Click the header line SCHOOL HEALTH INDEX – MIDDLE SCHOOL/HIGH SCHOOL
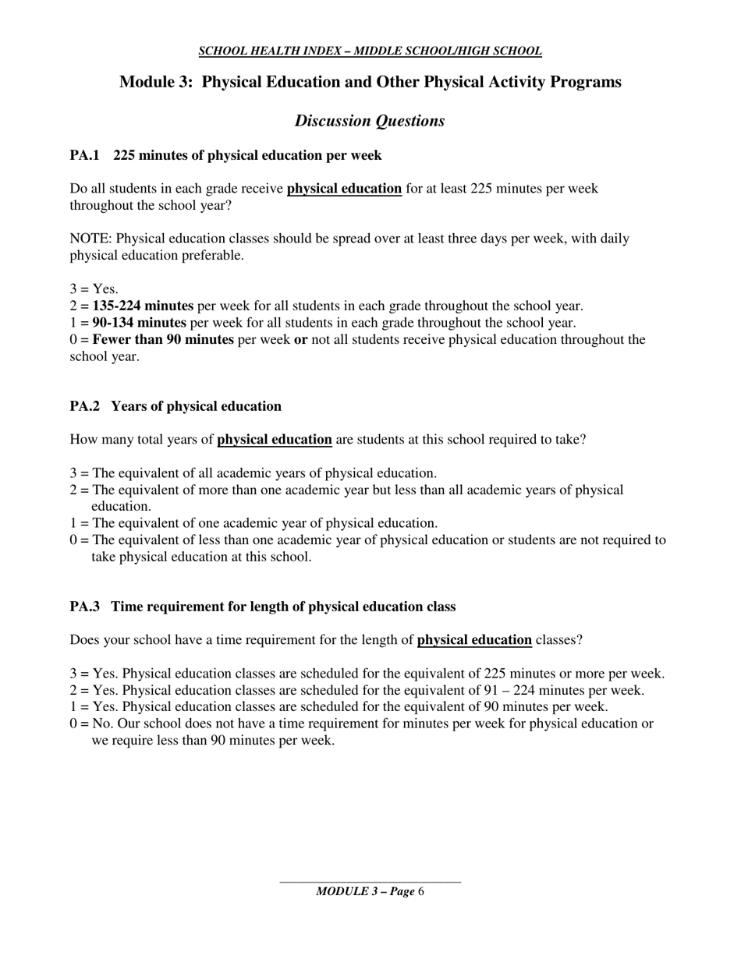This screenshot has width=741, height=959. [370, 51]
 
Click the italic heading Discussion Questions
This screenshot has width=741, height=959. [370, 121]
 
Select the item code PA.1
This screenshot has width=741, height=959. [85, 155]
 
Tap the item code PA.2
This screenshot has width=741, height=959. [85, 406]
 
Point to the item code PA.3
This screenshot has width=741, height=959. [85, 607]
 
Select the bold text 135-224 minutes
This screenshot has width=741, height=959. [143, 306]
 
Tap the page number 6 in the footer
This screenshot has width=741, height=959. [421, 892]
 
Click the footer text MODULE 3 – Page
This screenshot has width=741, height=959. [364, 892]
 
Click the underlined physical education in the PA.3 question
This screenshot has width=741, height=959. [474, 640]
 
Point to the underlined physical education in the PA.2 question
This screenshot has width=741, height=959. [275, 440]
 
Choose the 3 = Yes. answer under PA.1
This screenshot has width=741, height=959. [94, 289]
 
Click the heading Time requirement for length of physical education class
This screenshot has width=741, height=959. [284, 607]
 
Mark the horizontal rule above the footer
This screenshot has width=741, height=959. [370, 883]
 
